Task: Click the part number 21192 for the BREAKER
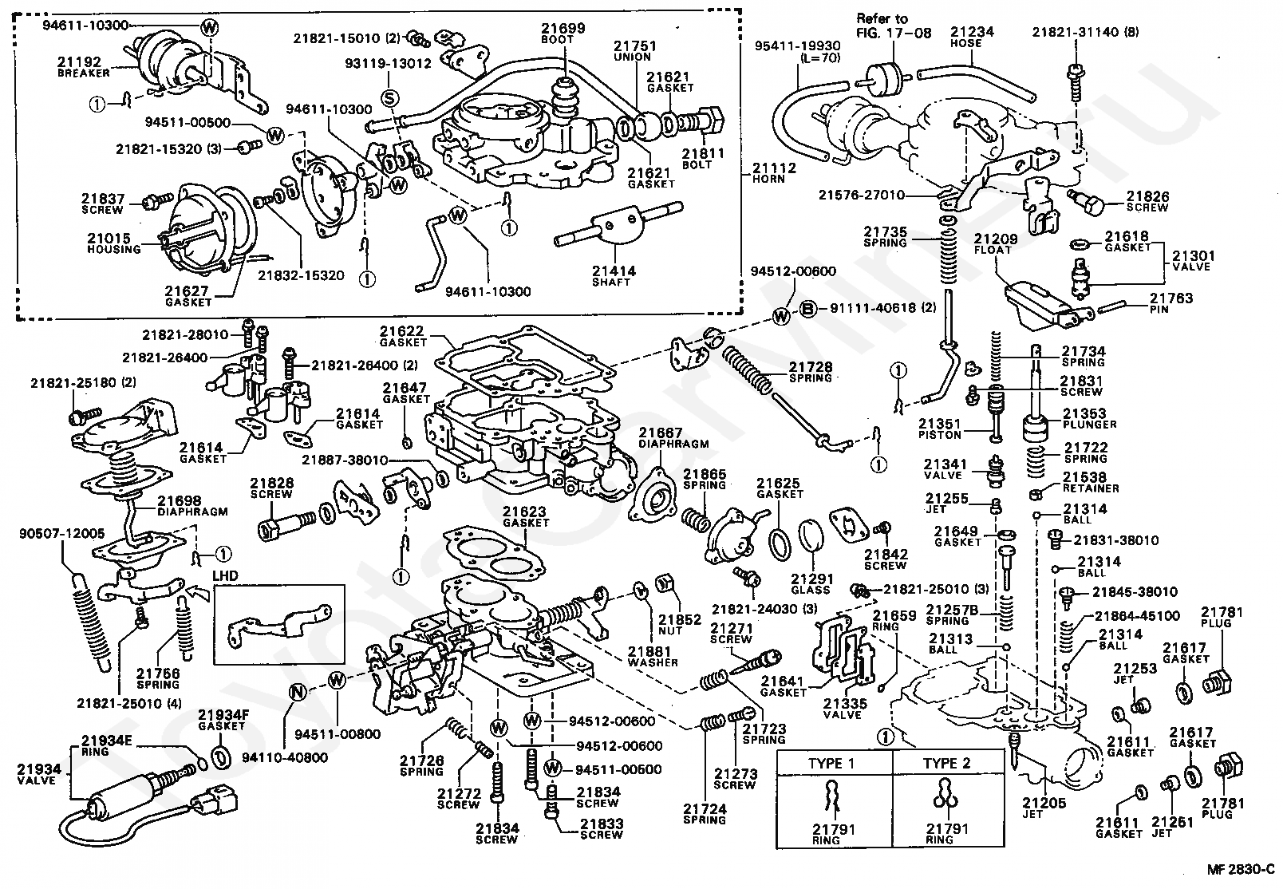[x=79, y=62]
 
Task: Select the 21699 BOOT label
[x=563, y=33]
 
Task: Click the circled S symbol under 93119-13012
[x=389, y=98]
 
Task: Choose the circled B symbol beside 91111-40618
[x=807, y=309]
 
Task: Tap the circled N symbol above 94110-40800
[x=298, y=693]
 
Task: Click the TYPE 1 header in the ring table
[x=831, y=763]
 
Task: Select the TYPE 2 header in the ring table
[x=947, y=763]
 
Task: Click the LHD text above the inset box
[x=226, y=575]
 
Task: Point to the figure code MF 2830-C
[x=1240, y=870]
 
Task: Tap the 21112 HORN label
[x=774, y=172]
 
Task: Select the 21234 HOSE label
[x=972, y=37]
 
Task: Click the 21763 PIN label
[x=1171, y=303]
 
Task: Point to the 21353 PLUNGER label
[x=1090, y=418]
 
